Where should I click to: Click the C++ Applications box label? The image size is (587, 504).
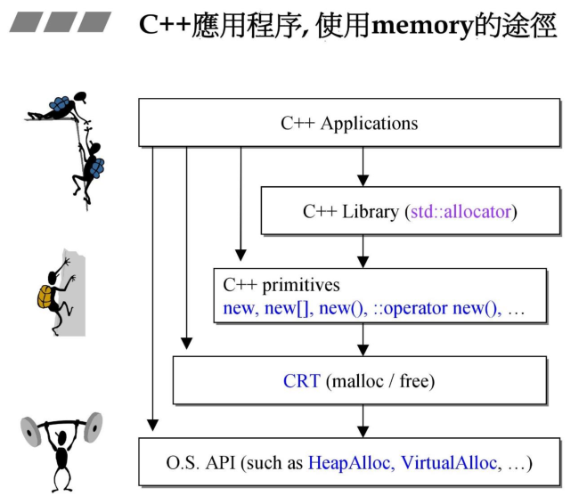349,124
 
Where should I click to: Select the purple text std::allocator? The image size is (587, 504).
461,212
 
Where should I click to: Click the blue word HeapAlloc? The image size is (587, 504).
350,463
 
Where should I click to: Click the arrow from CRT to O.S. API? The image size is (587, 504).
362,421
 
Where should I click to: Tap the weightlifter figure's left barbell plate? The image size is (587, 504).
32,432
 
